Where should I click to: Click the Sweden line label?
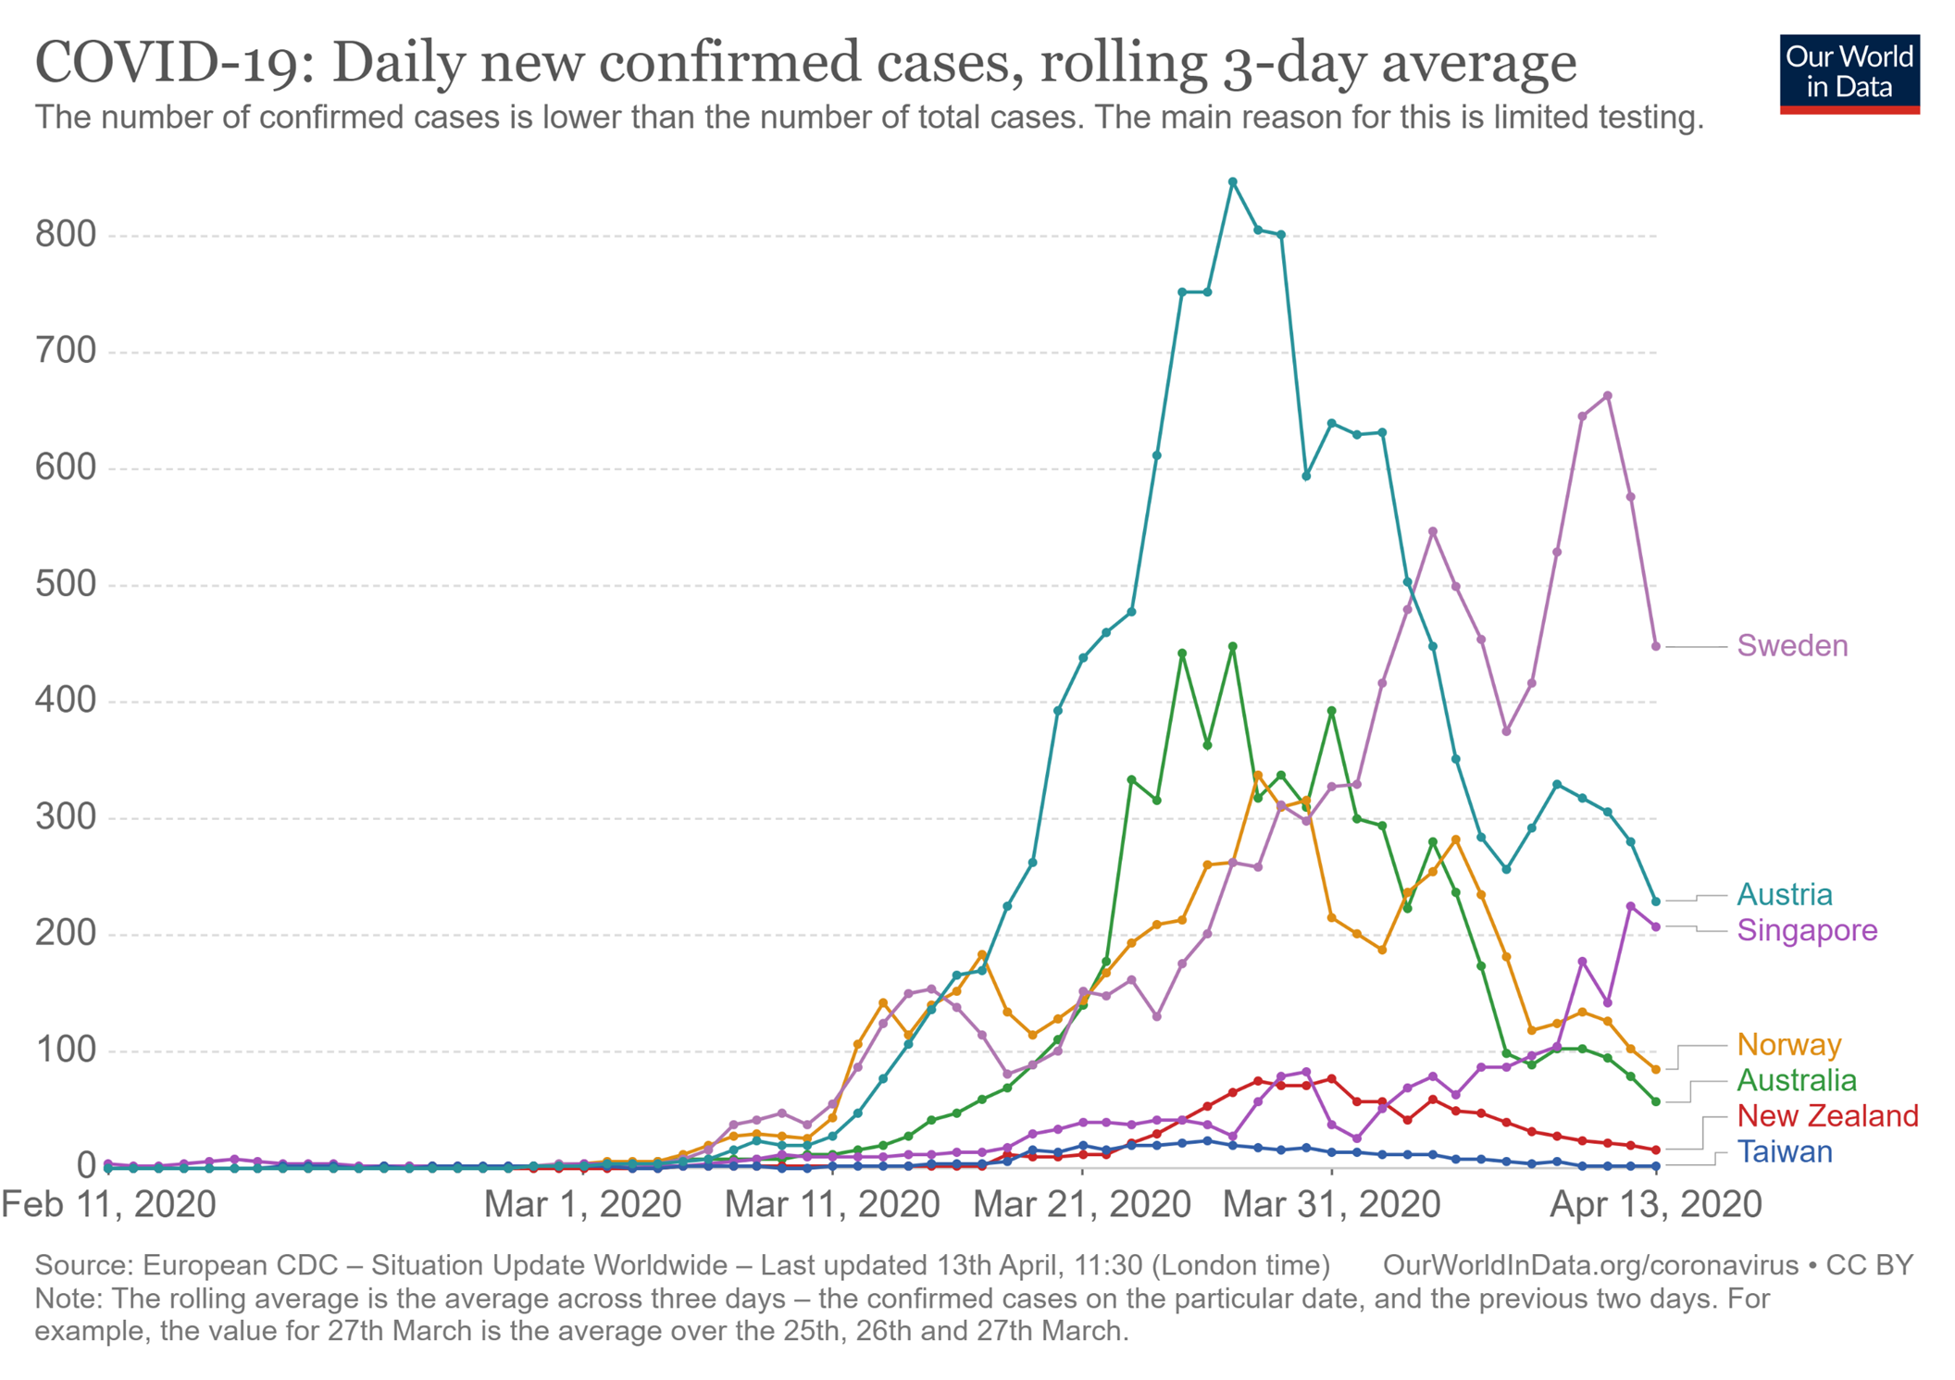click(1791, 645)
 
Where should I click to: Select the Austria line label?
click(1784, 894)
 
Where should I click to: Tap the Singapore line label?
click(1806, 929)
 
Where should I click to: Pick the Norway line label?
click(1788, 1044)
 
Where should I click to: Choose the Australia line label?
click(1796, 1080)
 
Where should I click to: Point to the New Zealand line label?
click(1826, 1115)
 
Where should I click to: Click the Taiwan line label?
click(1784, 1151)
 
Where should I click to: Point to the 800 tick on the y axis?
click(66, 235)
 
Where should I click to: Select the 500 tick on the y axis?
click(66, 584)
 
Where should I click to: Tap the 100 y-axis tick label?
click(66, 1050)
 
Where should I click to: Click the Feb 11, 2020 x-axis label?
click(108, 1204)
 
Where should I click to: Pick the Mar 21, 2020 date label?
click(1081, 1204)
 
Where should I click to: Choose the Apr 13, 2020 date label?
click(1655, 1204)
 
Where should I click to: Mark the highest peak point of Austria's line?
click(1232, 182)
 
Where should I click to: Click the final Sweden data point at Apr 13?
click(1656, 646)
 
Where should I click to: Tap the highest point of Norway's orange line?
click(1257, 776)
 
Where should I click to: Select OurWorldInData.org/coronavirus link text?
click(1589, 1265)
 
